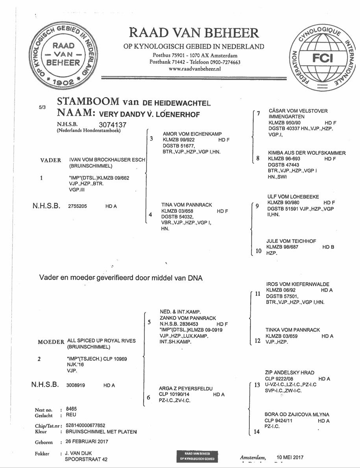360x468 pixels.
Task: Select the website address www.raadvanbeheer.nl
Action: [x=194, y=68]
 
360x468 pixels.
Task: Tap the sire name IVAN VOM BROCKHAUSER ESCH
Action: [x=107, y=160]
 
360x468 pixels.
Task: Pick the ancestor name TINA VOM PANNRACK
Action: [x=186, y=205]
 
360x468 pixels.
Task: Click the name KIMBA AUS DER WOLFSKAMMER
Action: [x=301, y=153]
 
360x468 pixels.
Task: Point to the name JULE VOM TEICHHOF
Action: [x=291, y=241]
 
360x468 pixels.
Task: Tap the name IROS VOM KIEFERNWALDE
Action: [x=297, y=284]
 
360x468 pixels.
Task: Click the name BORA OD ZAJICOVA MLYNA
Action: [x=297, y=414]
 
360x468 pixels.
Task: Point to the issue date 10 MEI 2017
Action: [x=290, y=457]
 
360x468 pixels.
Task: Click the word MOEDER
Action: [x=51, y=342]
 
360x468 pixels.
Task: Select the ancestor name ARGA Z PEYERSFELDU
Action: [x=185, y=388]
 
